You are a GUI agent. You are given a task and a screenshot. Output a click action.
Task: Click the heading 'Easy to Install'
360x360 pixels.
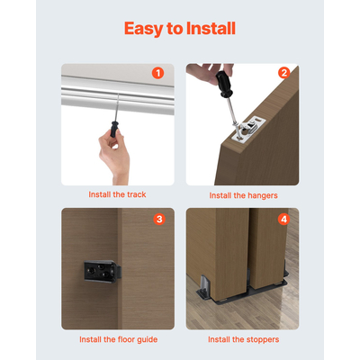(x=180, y=29)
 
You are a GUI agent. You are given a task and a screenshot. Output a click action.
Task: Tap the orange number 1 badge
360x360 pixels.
(x=158, y=73)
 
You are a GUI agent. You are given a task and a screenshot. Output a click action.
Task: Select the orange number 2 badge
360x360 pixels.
(x=283, y=73)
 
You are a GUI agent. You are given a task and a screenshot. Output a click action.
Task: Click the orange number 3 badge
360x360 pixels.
(x=158, y=219)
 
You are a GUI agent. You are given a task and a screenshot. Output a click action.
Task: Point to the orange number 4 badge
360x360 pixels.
(x=283, y=219)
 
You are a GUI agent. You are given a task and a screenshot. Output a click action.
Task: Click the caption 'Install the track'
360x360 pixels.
(x=117, y=193)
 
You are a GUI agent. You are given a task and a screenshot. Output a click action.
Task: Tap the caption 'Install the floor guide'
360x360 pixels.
(x=117, y=339)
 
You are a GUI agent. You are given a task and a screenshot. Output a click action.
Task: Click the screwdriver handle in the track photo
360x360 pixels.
(x=113, y=130)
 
